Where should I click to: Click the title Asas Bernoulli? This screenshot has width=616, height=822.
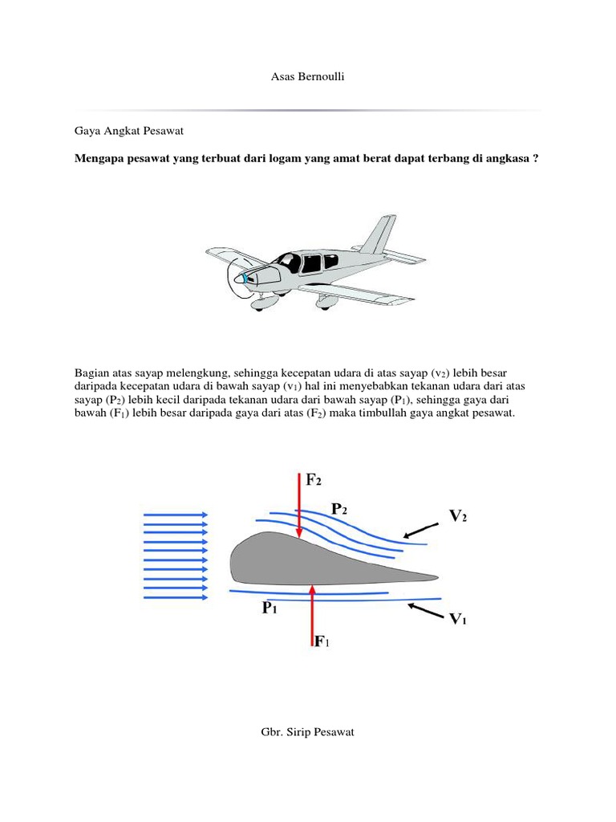coord(308,77)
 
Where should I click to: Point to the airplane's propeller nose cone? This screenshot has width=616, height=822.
coord(238,279)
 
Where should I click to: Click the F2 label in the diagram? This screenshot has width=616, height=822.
coord(314,480)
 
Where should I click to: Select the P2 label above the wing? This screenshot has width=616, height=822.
coord(339,508)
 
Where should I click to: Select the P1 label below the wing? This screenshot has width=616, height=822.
coord(269,609)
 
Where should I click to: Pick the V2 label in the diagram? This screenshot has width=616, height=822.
coord(458,516)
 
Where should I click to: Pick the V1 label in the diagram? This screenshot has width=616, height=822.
coord(457,619)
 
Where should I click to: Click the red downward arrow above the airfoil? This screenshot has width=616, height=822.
coord(299,506)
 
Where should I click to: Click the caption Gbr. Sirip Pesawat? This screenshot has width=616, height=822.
coord(307,732)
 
